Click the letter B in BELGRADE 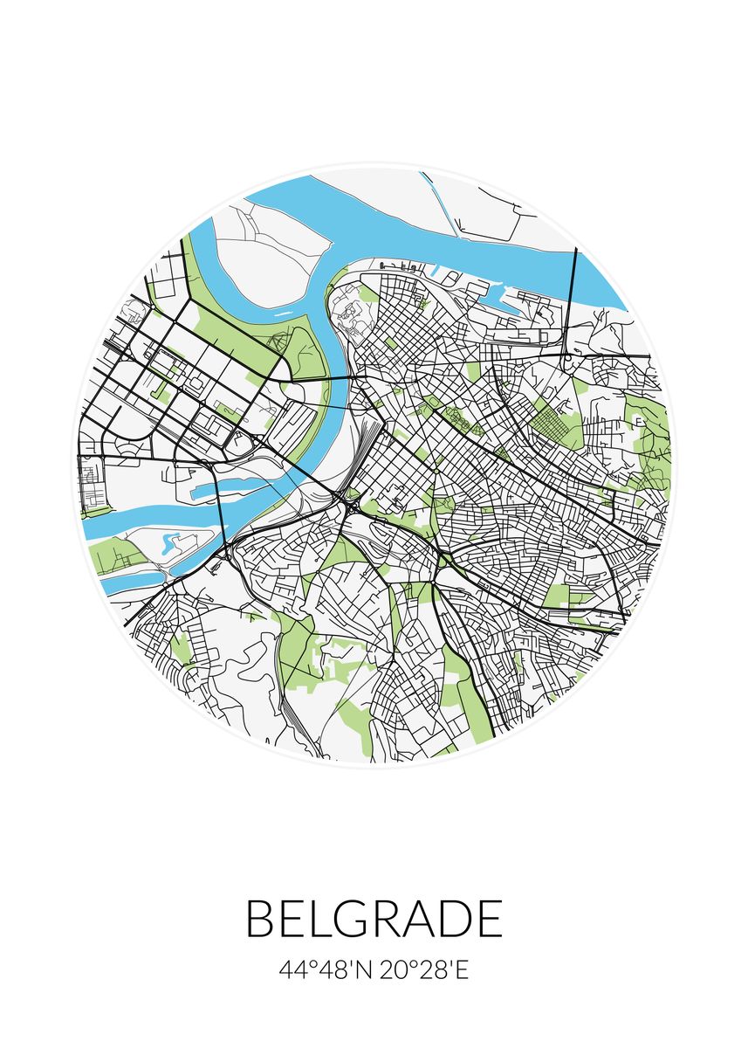click(x=264, y=919)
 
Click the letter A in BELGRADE click(x=421, y=919)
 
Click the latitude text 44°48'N click(x=326, y=970)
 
